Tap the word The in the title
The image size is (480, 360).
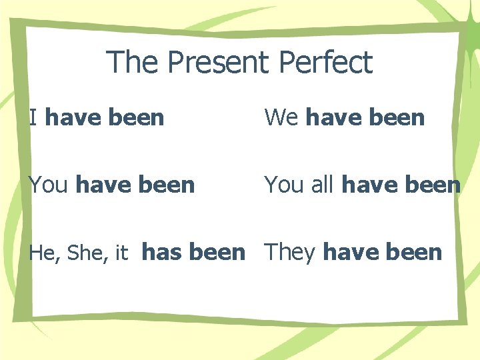[133, 63]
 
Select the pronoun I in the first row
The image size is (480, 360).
[33, 117]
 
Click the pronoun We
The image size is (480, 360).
[281, 117]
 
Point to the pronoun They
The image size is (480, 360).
[291, 252]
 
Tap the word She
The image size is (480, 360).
[83, 253]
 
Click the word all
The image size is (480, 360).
[321, 184]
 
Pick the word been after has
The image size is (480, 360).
[217, 252]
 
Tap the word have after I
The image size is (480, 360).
[72, 117]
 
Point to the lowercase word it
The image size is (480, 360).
[121, 253]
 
